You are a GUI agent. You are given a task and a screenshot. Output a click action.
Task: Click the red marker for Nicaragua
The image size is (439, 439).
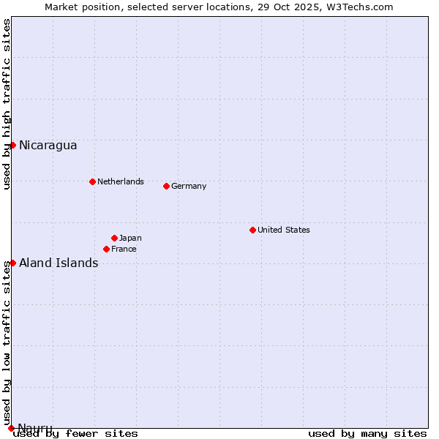pyautogui.click(x=12, y=145)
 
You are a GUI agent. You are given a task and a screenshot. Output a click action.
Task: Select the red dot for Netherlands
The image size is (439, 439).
pyautogui.click(x=92, y=181)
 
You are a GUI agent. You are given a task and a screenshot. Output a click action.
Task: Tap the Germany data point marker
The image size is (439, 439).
pyautogui.click(x=166, y=186)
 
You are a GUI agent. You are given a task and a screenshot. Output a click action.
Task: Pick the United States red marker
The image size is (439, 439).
pyautogui.click(x=252, y=230)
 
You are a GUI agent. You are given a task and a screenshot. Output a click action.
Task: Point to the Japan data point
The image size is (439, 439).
pyautogui.click(x=114, y=238)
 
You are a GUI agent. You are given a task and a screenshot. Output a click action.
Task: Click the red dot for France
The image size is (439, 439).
pyautogui.click(x=106, y=249)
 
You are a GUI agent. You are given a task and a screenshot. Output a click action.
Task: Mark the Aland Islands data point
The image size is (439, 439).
pyautogui.click(x=12, y=263)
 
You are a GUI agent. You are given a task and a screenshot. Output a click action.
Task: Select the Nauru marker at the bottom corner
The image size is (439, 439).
pyautogui.click(x=11, y=428)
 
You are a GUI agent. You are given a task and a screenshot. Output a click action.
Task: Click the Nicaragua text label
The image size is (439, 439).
pyautogui.click(x=48, y=145)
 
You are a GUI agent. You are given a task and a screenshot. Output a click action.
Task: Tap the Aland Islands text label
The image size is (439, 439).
pyautogui.click(x=59, y=263)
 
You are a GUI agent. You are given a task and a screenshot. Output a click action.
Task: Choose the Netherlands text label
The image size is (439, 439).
pyautogui.click(x=120, y=181)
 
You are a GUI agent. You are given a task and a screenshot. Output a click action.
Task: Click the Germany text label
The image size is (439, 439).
pyautogui.click(x=189, y=186)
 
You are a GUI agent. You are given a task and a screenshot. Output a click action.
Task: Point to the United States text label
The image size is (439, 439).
pyautogui.click(x=283, y=230)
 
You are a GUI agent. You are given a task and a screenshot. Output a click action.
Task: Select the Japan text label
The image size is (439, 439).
pyautogui.click(x=130, y=238)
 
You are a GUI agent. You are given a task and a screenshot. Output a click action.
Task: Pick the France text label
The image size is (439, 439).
pyautogui.click(x=124, y=249)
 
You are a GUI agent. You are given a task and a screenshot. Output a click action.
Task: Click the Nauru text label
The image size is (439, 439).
pyautogui.click(x=35, y=428)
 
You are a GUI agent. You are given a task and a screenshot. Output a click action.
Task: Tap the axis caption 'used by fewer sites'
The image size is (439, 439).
pyautogui.click(x=75, y=433)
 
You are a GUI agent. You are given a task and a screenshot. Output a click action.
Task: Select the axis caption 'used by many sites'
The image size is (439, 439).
pyautogui.click(x=367, y=433)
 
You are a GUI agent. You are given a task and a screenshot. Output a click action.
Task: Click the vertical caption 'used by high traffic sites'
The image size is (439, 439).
pyautogui.click(x=7, y=104)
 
